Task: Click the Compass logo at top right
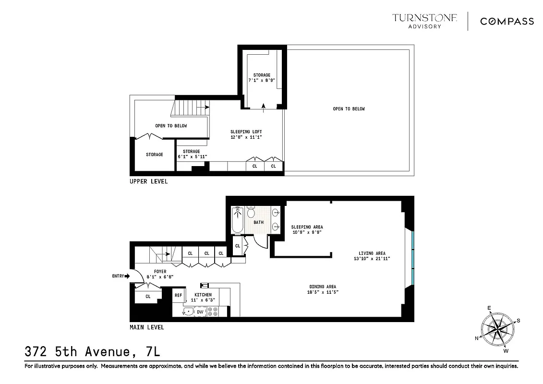click(x=507, y=21)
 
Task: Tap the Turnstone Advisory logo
click(x=424, y=21)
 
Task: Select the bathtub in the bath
click(x=238, y=219)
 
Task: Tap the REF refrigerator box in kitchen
click(x=178, y=295)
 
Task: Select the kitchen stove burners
click(x=213, y=312)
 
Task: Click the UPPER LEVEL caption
click(x=148, y=182)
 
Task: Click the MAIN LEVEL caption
click(x=147, y=327)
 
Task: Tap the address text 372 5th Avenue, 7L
click(x=92, y=352)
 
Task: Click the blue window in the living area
click(x=412, y=257)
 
